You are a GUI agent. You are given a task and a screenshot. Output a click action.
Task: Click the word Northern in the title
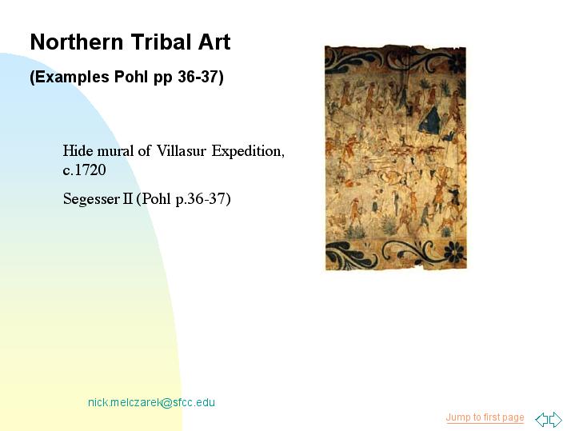(76, 42)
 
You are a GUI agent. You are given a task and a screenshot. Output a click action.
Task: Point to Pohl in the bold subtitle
(132, 77)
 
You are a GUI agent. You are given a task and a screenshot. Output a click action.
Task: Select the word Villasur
(182, 151)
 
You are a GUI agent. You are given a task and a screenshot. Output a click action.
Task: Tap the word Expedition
(248, 151)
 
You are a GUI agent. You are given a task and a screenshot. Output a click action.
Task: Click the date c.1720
(84, 170)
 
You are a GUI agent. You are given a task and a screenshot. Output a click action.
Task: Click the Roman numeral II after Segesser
(127, 199)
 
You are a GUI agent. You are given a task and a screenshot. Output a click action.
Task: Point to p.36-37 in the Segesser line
(201, 199)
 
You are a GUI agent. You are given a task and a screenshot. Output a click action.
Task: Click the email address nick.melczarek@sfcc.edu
(151, 402)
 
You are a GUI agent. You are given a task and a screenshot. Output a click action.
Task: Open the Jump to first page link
(485, 417)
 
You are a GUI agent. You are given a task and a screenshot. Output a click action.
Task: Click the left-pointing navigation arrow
(541, 420)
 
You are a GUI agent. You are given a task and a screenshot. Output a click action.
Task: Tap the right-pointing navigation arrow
(556, 420)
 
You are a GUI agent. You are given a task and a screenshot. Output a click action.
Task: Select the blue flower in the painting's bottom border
(455, 252)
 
